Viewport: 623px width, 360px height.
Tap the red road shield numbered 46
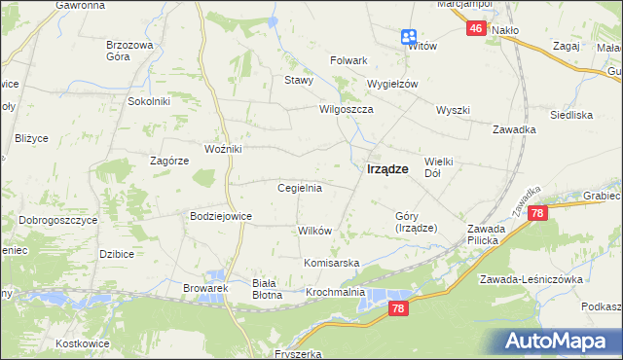click(475, 29)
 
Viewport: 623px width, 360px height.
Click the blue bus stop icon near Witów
click(408, 37)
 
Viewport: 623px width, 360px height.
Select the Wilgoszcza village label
click(348, 110)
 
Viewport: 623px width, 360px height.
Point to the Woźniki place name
click(222, 148)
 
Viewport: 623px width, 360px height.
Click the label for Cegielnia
click(300, 188)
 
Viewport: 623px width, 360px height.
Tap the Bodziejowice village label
click(221, 216)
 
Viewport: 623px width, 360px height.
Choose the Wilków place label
click(315, 231)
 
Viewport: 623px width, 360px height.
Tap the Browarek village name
click(204, 288)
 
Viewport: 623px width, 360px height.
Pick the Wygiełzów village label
click(391, 84)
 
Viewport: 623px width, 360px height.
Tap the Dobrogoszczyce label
click(57, 220)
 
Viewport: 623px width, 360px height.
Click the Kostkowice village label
click(86, 346)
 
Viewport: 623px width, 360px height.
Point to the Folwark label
click(348, 60)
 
